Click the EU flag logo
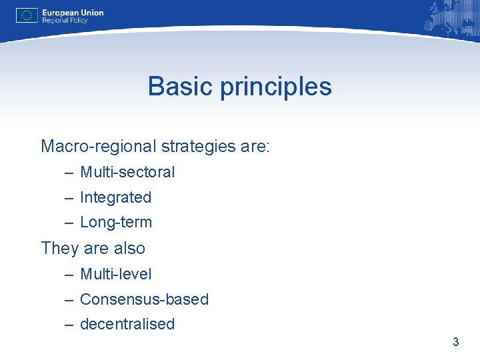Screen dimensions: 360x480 [27, 15]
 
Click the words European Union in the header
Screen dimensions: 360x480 [73, 12]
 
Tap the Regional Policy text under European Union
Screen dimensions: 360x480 [65, 21]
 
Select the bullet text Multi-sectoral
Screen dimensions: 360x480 [127, 172]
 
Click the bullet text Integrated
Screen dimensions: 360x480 [115, 197]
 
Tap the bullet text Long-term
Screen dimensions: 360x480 [116, 222]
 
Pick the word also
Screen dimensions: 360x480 [129, 248]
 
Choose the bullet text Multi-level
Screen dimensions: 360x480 [115, 274]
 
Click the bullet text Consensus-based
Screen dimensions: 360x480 [144, 299]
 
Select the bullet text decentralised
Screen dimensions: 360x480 [127, 324]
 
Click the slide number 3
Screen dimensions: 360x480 [456, 342]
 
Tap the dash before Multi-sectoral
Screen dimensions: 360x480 [69, 173]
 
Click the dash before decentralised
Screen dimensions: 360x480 [69, 325]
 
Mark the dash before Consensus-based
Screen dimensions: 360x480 [69, 300]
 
